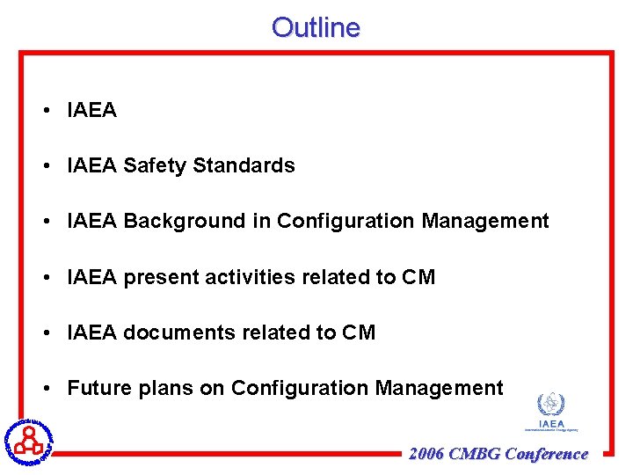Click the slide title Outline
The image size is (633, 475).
pyautogui.click(x=316, y=27)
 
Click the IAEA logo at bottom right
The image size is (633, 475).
pyautogui.click(x=551, y=412)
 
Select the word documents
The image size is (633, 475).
pyautogui.click(x=178, y=332)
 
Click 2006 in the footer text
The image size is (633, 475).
pyautogui.click(x=426, y=454)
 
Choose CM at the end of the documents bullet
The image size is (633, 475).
pyautogui.click(x=359, y=332)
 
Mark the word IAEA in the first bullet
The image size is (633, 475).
pyautogui.click(x=92, y=110)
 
